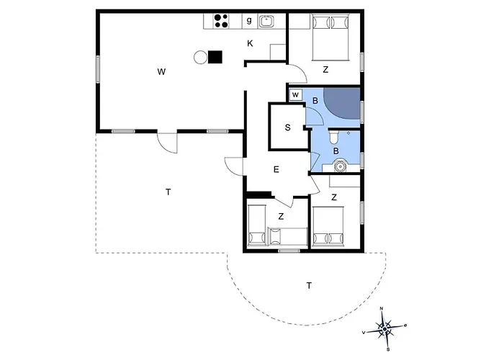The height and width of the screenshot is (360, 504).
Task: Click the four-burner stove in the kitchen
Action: (221, 21)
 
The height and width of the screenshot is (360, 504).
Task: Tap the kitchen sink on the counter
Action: (266, 21)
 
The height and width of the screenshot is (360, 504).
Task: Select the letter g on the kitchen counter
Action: (249, 21)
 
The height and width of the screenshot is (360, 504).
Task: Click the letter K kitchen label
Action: (250, 43)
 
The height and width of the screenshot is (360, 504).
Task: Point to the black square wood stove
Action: (215, 57)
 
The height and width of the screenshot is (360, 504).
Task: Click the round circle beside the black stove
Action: (201, 58)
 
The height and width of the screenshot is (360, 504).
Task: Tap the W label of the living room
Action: (161, 72)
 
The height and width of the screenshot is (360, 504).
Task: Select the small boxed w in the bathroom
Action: (296, 95)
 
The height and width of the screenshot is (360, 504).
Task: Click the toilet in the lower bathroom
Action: (334, 138)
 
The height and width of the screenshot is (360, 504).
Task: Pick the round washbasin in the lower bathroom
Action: (339, 166)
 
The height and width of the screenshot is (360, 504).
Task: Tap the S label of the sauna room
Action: (288, 127)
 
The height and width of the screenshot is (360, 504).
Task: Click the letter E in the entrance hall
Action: (276, 169)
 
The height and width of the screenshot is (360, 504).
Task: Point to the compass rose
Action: (384, 329)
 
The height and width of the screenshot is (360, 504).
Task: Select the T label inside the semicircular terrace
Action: (309, 285)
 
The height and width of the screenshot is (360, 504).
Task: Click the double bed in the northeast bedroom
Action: (330, 37)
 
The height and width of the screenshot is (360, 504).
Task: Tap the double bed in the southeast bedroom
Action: (328, 227)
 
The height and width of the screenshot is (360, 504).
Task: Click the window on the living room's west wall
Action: (98, 69)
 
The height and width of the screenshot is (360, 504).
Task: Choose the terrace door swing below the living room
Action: (167, 143)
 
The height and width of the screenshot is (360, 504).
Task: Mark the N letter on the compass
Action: (382, 309)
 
